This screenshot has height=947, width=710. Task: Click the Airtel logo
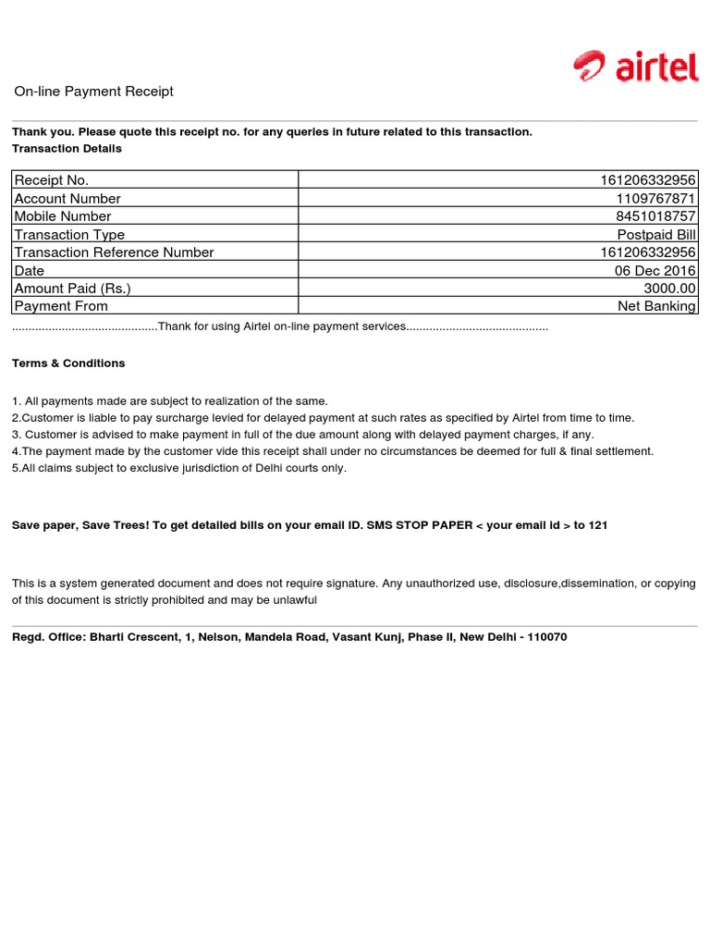pyautogui.click(x=635, y=67)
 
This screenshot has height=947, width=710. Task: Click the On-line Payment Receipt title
pyautogui.click(x=93, y=92)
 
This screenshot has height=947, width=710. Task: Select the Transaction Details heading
pyautogui.click(x=67, y=148)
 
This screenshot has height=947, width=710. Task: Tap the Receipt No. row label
pyautogui.click(x=52, y=180)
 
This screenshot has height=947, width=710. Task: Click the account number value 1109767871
pyautogui.click(x=656, y=199)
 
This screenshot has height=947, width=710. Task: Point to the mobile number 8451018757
pyautogui.click(x=656, y=216)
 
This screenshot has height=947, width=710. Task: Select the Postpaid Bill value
pyautogui.click(x=656, y=235)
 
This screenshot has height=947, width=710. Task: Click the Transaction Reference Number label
pyautogui.click(x=114, y=252)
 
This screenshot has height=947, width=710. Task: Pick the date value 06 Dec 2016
pyautogui.click(x=655, y=270)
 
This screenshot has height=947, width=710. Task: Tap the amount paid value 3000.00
pyautogui.click(x=669, y=289)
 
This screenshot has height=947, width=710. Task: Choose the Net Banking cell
pyautogui.click(x=656, y=306)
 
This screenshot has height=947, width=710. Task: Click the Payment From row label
pyautogui.click(x=61, y=306)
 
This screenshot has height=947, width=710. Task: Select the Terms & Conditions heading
pyautogui.click(x=68, y=363)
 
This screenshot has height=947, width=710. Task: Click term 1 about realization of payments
pyautogui.click(x=170, y=401)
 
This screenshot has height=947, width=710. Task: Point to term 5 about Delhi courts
pyautogui.click(x=179, y=468)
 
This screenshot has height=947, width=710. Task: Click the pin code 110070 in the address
pyautogui.click(x=547, y=637)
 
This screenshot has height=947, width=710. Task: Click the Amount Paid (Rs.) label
pyautogui.click(x=72, y=289)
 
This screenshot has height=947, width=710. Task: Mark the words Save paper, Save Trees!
pyautogui.click(x=71, y=525)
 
